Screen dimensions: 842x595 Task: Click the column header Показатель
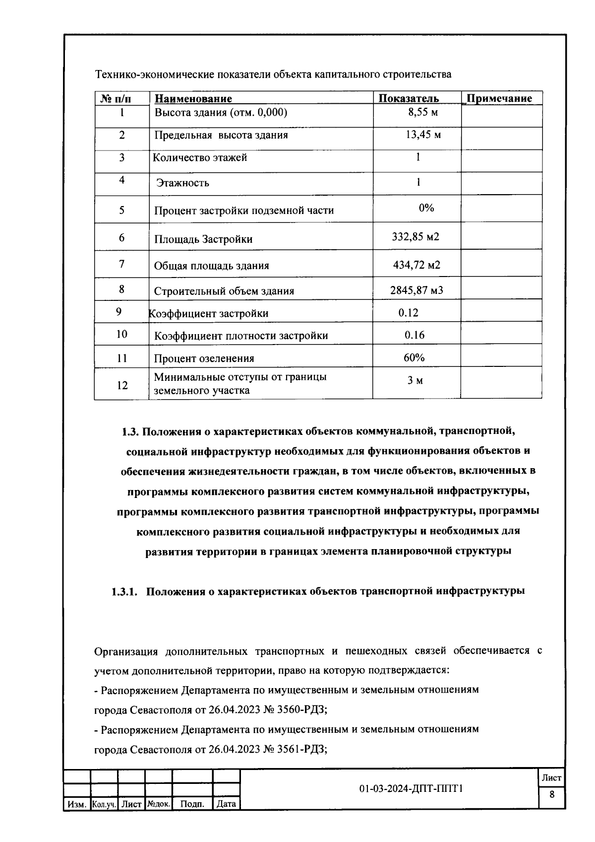point(408,98)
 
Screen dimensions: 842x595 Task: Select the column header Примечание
point(499,98)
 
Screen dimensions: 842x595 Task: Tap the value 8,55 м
point(422,112)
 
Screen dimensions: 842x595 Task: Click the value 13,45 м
point(422,135)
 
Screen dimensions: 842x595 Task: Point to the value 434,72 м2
point(416,265)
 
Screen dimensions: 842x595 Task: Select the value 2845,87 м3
point(416,290)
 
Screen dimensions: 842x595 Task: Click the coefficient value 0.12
point(408,313)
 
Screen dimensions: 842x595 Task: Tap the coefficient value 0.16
point(414,335)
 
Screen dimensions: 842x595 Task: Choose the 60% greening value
point(414,357)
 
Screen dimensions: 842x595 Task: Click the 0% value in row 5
point(426,208)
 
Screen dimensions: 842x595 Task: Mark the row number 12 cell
point(122,385)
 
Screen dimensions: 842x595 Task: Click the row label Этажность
point(182,183)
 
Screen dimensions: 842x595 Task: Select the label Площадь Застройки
point(203,239)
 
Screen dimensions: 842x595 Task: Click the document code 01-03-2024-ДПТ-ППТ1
point(411,789)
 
